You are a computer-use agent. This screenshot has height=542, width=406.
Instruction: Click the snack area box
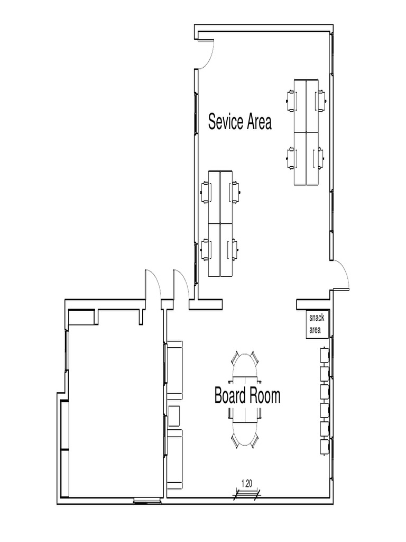pyautogui.click(x=318, y=324)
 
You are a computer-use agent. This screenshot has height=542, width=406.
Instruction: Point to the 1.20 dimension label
pyautogui.click(x=246, y=483)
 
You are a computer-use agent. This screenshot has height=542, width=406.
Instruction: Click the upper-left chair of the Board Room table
pyautogui.click(x=236, y=358)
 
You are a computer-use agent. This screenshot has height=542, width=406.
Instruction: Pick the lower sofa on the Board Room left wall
pyautogui.click(x=174, y=458)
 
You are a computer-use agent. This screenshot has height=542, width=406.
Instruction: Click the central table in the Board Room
pyautogui.click(x=245, y=399)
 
